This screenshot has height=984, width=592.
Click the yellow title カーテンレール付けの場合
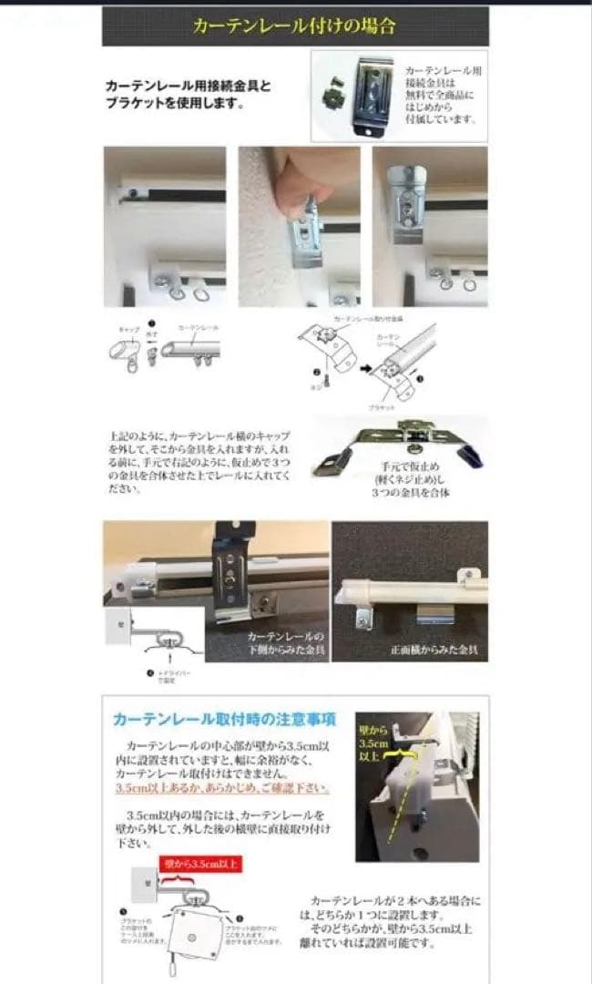tap(294, 26)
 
